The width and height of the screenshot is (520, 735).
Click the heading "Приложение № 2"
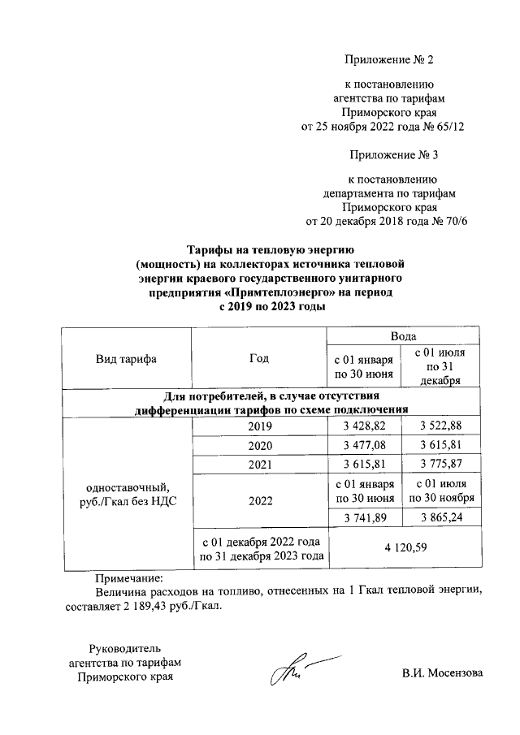[x=389, y=60]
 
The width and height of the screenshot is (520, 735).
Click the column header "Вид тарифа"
[x=126, y=358]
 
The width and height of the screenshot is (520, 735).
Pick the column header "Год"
[x=259, y=358]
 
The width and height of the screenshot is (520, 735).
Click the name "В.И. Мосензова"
[x=442, y=673]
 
